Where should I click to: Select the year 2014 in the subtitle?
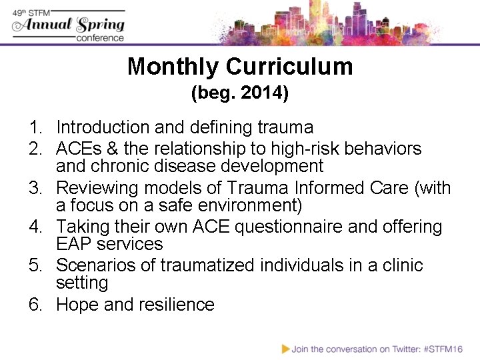[x=264, y=94]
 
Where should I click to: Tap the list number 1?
[x=34, y=127]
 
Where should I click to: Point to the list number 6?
[x=35, y=305]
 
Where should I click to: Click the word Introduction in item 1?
[x=103, y=127]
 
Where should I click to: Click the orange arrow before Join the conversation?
[x=285, y=348]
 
